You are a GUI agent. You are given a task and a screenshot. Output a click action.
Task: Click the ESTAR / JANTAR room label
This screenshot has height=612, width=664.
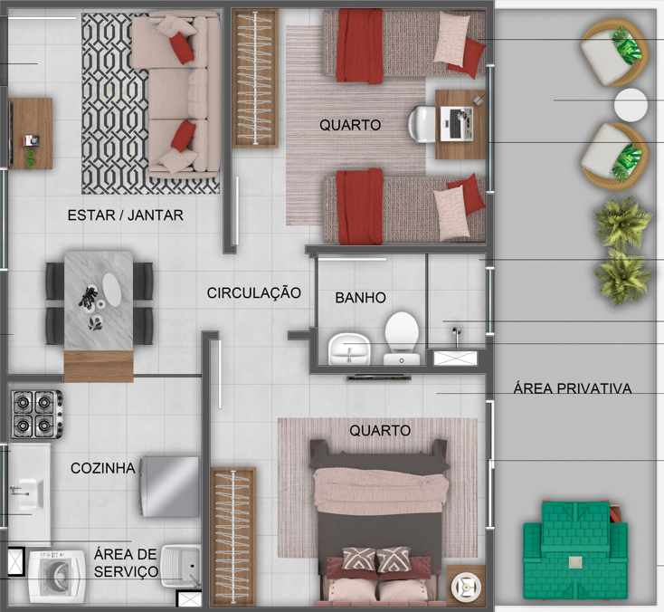click(126, 215)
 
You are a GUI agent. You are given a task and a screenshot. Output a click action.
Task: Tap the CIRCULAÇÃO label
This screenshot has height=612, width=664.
click(253, 292)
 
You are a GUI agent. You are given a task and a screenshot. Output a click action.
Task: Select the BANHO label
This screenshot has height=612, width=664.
click(360, 297)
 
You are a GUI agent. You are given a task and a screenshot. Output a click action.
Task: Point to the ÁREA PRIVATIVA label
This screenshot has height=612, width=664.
click(572, 388)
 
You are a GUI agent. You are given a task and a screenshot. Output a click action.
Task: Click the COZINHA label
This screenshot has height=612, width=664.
click(103, 468)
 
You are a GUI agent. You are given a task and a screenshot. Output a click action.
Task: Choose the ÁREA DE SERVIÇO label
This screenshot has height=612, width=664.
click(126, 563)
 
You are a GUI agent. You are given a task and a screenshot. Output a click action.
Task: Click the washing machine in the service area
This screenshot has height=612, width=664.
click(57, 577)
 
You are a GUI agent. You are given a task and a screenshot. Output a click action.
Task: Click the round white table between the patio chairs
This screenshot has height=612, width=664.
click(630, 105)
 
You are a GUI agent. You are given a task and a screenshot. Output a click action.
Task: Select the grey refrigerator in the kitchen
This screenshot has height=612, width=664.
click(168, 487)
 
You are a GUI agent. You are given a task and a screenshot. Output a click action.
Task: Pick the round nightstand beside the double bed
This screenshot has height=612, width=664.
click(467, 585)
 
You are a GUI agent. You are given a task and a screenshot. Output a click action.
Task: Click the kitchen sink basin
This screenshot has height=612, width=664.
click(27, 494)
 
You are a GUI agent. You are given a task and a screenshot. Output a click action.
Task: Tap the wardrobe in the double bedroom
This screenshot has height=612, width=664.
click(233, 534)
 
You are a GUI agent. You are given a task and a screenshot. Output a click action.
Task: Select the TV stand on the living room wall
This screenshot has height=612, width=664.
click(31, 134)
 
